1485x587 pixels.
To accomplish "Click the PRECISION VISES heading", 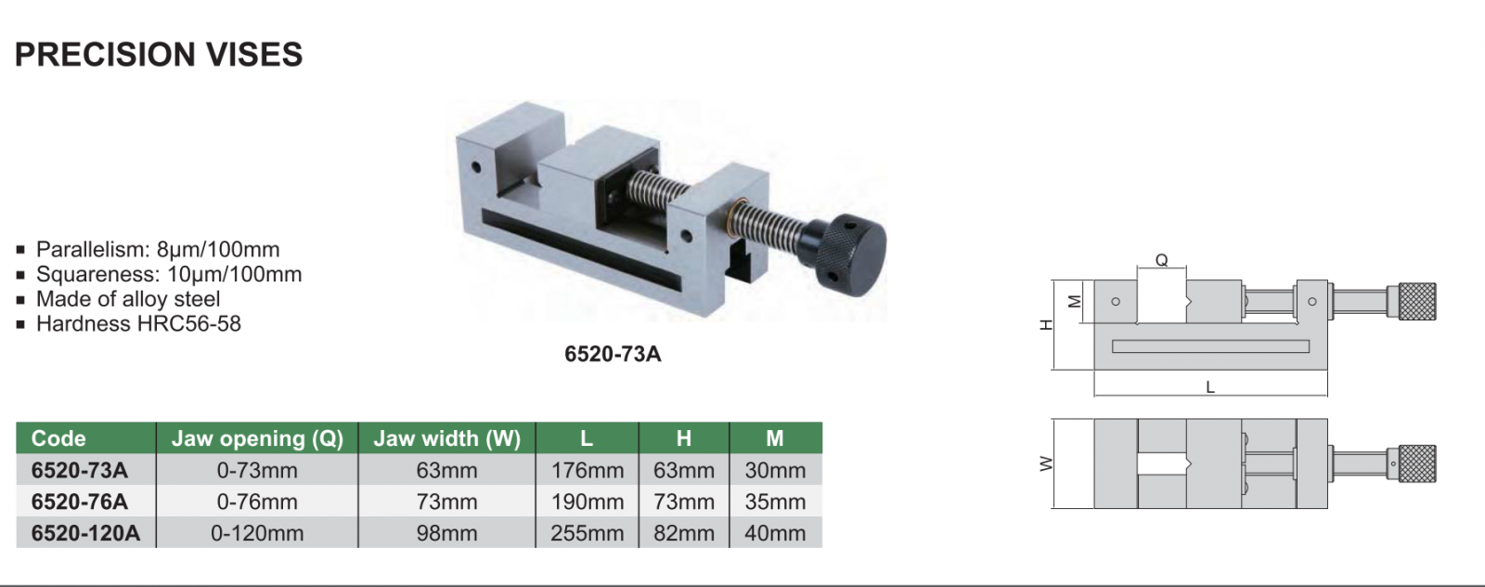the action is pyautogui.click(x=159, y=55).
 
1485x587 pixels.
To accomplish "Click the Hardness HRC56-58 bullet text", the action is pyautogui.click(x=138, y=323).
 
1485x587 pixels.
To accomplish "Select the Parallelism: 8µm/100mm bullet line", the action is pyautogui.click(x=158, y=250).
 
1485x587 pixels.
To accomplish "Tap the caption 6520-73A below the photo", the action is pyautogui.click(x=613, y=354).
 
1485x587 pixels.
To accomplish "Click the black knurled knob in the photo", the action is pyautogui.click(x=850, y=254).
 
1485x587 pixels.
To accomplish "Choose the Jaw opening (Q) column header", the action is pyautogui.click(x=257, y=438).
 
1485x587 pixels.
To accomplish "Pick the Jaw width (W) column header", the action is pyautogui.click(x=446, y=438).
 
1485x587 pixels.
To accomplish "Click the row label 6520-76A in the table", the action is pyautogui.click(x=80, y=502).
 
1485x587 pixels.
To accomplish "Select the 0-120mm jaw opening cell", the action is pyautogui.click(x=257, y=533).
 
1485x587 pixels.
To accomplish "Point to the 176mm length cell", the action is pyautogui.click(x=588, y=470).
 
